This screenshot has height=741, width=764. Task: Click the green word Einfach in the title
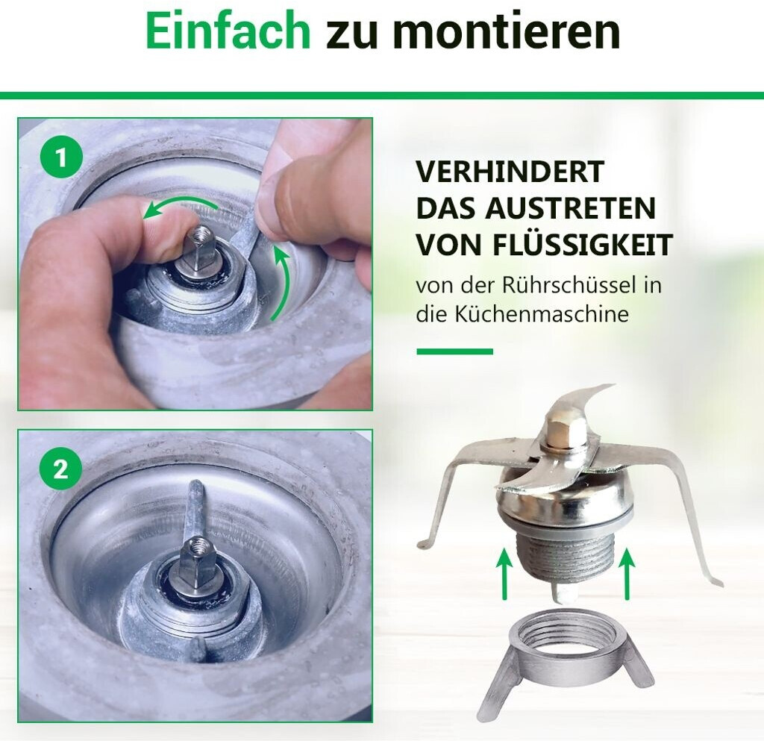pos(228,31)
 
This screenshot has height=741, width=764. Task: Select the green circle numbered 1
pos(61,158)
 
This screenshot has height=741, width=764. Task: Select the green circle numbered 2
pos(61,469)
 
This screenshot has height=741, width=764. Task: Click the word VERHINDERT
pos(510,171)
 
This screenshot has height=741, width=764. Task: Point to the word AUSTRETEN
pos(570,208)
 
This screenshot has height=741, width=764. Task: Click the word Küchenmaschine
pos(542,314)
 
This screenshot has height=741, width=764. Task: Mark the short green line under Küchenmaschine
pos(454,351)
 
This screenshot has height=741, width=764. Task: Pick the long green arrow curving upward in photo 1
pos(285,283)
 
